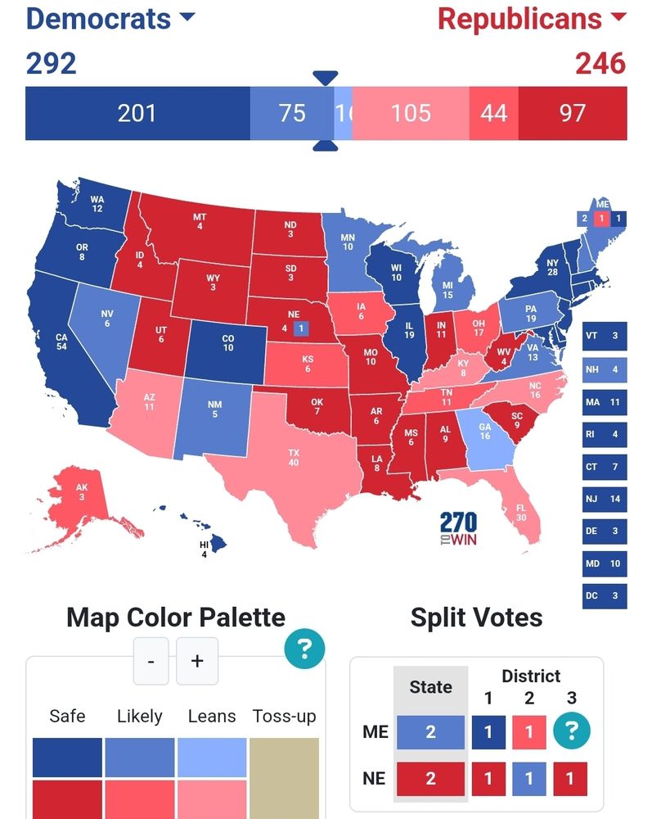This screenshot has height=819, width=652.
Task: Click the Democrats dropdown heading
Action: coord(110,18)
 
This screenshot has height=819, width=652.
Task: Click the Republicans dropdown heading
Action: coord(531,18)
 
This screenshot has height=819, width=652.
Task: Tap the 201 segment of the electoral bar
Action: coord(137,113)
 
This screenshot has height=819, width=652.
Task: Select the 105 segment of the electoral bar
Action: coord(411,113)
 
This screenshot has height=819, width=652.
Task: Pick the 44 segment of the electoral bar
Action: coord(493,113)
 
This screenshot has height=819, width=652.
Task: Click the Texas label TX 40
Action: coord(293,458)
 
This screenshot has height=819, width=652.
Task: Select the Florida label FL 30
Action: coord(520,513)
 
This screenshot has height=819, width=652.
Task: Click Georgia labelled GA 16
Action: coord(484,431)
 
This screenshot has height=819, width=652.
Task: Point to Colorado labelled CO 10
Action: coord(227,342)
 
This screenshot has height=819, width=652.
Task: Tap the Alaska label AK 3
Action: coord(81,491)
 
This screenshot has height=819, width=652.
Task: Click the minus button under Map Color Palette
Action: coord(151,661)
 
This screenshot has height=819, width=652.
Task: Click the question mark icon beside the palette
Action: coord(304,650)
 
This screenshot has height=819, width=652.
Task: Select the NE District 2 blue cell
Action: coord(529,778)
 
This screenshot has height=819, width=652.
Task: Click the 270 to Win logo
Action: coord(458,529)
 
